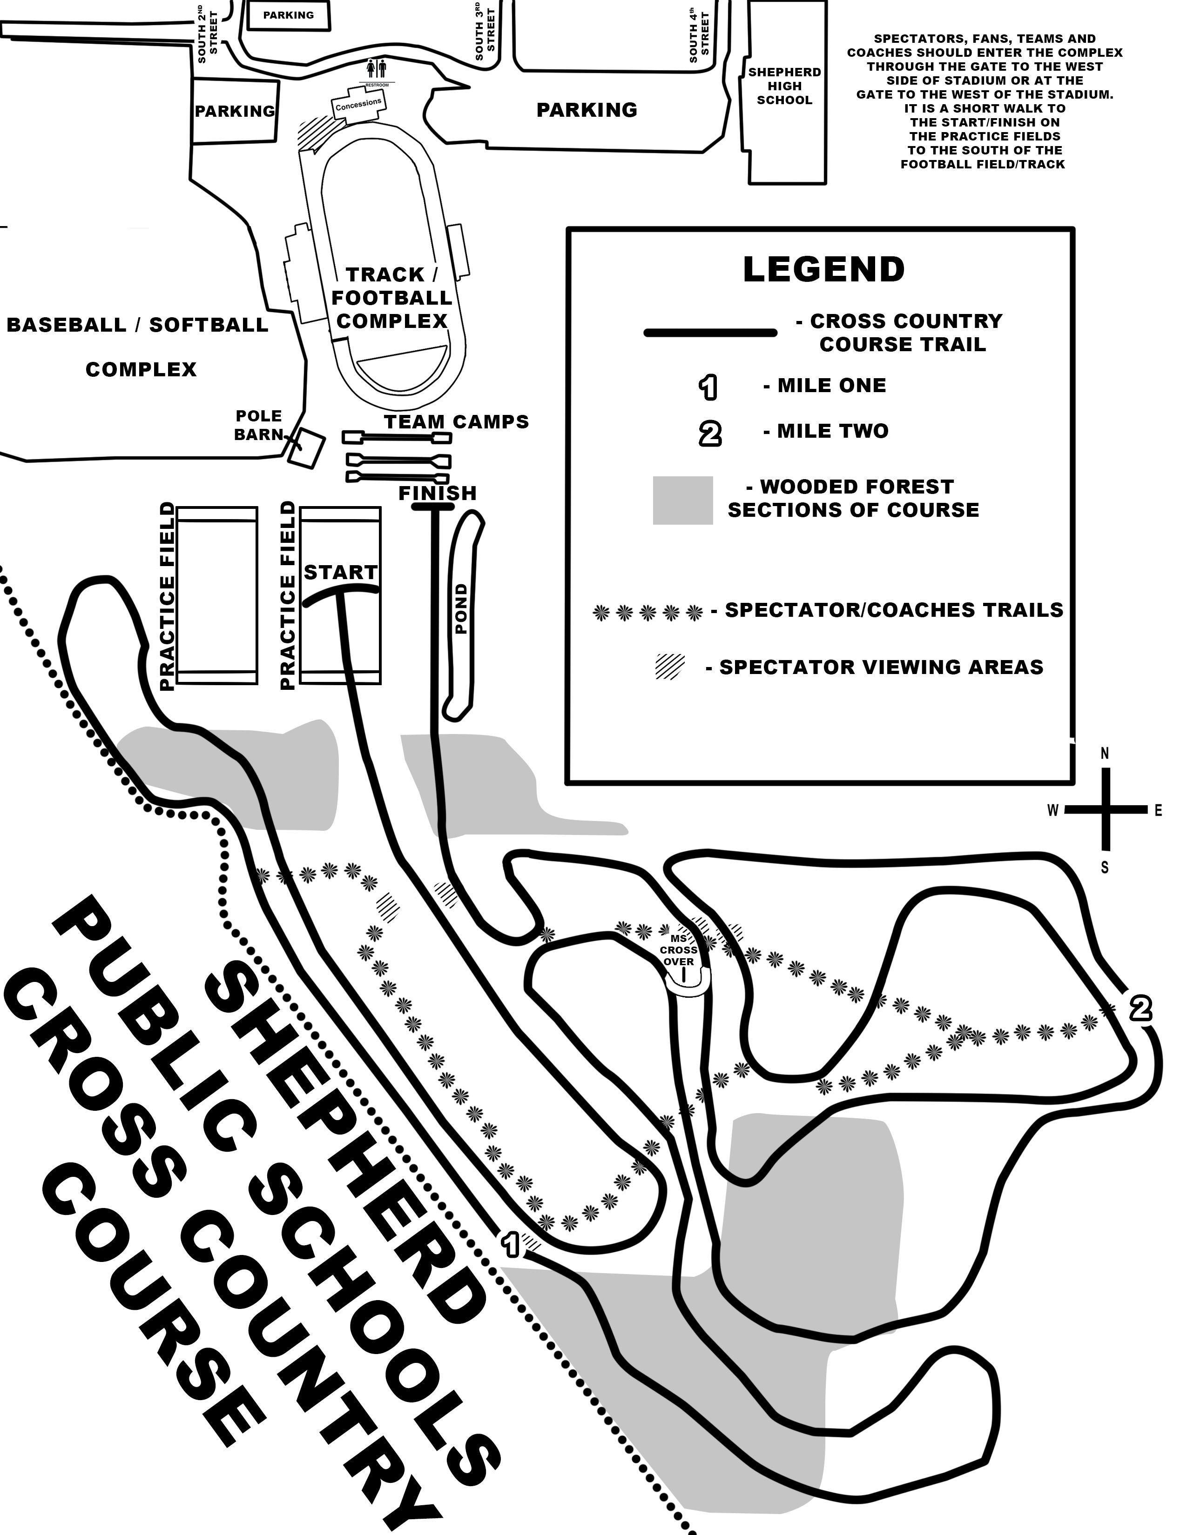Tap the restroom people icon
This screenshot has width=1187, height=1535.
pyautogui.click(x=378, y=69)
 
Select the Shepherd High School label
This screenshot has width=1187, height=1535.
pyautogui.click(x=784, y=86)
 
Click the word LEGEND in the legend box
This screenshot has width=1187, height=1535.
pyautogui.click(x=823, y=269)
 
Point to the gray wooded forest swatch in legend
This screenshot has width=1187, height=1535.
pyautogui.click(x=682, y=501)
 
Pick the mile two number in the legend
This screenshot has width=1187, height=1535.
pyautogui.click(x=709, y=434)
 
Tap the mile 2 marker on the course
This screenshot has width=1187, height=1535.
pyautogui.click(x=1140, y=1009)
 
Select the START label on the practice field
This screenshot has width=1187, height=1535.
pyautogui.click(x=340, y=572)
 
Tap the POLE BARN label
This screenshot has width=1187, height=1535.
pyautogui.click(x=258, y=425)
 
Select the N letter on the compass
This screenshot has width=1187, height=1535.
pyautogui.click(x=1105, y=754)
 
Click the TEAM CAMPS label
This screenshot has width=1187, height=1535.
pyautogui.click(x=456, y=422)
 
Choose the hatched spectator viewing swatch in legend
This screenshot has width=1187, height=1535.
pyautogui.click(x=669, y=666)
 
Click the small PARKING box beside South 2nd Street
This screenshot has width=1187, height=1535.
pyautogui.click(x=288, y=15)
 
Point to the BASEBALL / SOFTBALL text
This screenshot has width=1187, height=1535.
pyautogui.click(x=137, y=325)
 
